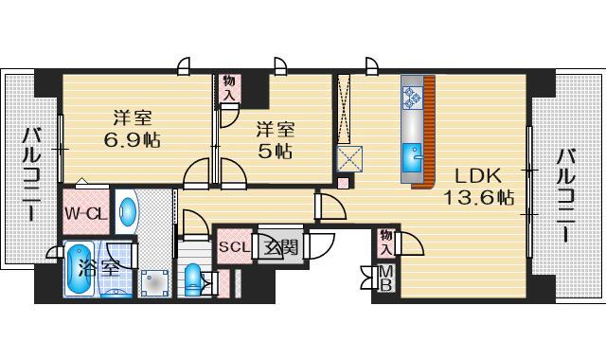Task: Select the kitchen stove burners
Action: [412, 95]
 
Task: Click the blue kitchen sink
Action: [414, 154]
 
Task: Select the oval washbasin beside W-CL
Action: [128, 209]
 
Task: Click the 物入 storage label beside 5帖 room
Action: [228, 89]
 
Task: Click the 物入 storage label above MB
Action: [386, 242]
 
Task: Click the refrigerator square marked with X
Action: [348, 157]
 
